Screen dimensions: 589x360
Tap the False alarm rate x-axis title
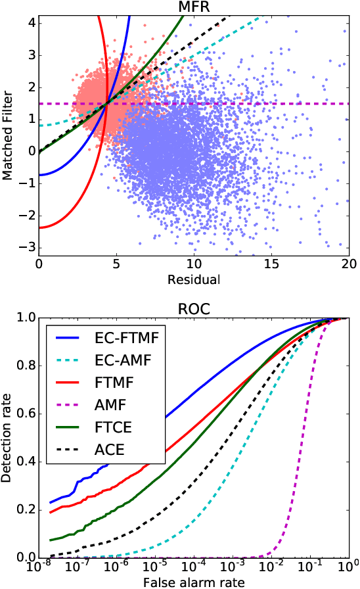coord(193,581)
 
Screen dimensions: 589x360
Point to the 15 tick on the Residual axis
coord(271,264)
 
